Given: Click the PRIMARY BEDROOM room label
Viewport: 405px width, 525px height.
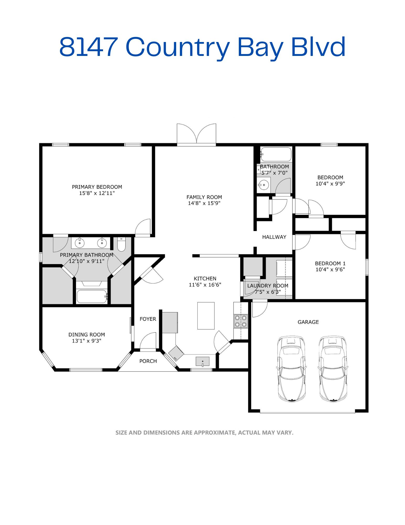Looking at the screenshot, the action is tap(97, 187).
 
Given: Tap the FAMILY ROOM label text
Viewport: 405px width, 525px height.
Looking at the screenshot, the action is tap(204, 197).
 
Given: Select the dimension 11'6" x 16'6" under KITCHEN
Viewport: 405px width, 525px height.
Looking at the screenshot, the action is tap(205, 285).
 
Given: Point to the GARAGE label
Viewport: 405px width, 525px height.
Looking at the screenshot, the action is tap(308, 322).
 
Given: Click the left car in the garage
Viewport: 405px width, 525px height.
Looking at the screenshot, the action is tap(291, 369).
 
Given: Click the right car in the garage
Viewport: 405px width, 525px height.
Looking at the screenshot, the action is tap(333, 369).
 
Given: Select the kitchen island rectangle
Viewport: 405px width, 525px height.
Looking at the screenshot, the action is tap(206, 316).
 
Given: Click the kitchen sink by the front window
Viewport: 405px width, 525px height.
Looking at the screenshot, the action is tap(203, 361).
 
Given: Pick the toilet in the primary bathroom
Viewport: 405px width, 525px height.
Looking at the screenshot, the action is tap(121, 244).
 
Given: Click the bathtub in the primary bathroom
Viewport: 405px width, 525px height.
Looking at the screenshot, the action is tap(92, 296).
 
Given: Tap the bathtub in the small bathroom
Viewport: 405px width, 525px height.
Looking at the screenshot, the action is tap(276, 154).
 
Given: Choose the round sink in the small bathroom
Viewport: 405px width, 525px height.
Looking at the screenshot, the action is tap(264, 185).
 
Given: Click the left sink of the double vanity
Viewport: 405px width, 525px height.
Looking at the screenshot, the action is tap(79, 243).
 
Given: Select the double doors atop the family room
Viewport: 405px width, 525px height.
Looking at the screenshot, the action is tap(196, 134).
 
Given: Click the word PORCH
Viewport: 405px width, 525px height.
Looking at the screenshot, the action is tap(148, 361).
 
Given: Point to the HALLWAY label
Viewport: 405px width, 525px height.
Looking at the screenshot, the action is tap(274, 237).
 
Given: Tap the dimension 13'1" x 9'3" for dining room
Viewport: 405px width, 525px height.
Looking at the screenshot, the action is tap(87, 341).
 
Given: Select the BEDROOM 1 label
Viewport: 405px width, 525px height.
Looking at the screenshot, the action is tap(330, 263).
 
